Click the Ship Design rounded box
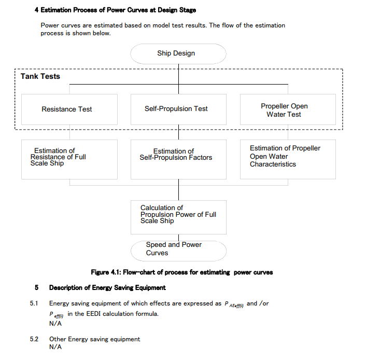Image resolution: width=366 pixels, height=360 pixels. (x=178, y=54)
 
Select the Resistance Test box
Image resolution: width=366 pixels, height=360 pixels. (x=69, y=109)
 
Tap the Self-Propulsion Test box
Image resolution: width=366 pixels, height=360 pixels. (x=178, y=109)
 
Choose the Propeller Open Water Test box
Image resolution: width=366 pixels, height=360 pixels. (x=288, y=109)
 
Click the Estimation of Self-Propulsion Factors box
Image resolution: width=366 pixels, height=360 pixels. (x=178, y=159)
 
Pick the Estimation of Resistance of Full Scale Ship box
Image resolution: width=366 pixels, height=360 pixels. (x=69, y=159)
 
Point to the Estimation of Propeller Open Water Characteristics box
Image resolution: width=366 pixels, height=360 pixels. (x=288, y=159)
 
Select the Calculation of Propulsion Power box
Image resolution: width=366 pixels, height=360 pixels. (x=178, y=217)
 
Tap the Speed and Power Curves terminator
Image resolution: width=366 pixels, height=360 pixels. (x=178, y=251)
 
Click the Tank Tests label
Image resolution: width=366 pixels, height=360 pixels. (x=40, y=76)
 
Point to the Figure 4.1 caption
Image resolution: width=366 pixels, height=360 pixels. (x=182, y=272)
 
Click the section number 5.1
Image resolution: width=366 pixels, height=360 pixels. (x=34, y=303)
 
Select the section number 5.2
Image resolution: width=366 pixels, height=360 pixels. (x=34, y=339)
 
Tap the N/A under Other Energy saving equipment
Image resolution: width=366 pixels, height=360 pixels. (x=55, y=347)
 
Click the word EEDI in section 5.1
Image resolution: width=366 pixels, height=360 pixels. (x=94, y=314)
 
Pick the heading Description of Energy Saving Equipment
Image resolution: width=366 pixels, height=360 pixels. (x=107, y=287)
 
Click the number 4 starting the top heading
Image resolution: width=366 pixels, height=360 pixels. (x=36, y=10)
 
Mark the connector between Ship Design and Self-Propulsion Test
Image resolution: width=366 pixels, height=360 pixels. (x=178, y=79)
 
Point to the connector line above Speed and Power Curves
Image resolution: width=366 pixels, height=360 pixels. (x=178, y=238)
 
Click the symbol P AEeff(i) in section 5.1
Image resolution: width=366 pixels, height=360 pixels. (x=234, y=304)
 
